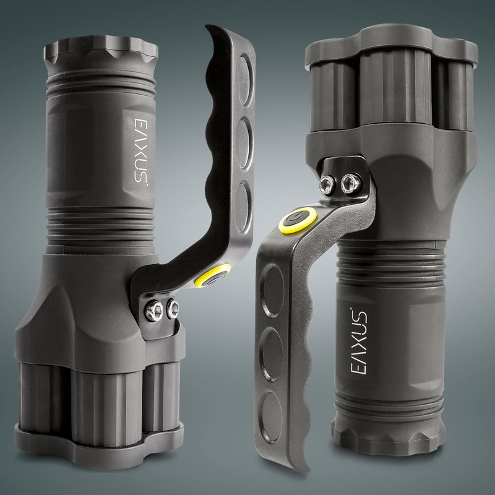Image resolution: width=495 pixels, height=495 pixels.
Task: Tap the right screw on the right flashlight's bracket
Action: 348,183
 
